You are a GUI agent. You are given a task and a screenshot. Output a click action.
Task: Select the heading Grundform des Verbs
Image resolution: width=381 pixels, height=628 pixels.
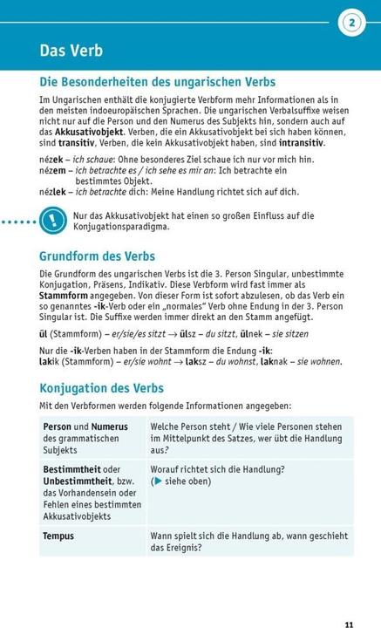tap(97, 256)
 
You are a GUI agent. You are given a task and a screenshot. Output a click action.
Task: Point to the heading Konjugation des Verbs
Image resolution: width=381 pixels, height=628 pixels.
tap(101, 388)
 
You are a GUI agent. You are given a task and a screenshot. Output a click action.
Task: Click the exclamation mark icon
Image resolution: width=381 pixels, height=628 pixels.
tap(53, 221)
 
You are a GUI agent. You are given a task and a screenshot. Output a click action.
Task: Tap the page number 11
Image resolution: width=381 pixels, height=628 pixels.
tap(349, 600)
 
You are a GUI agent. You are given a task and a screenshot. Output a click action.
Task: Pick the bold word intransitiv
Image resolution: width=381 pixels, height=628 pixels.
tap(297, 142)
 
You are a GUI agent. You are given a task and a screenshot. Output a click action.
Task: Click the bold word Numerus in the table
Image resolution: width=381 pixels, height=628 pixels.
tap(110, 427)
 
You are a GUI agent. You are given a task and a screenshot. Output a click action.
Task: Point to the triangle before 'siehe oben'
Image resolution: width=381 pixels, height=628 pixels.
tap(157, 481)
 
